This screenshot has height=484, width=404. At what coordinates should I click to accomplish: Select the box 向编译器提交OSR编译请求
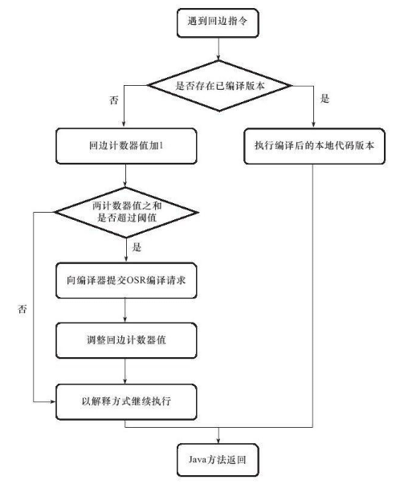tap(124, 280)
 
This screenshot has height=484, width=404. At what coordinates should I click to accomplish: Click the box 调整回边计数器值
tap(124, 340)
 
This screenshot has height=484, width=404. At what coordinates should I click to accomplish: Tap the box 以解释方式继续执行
tap(124, 400)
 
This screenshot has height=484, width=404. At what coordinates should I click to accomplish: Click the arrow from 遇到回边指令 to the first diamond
tap(217, 52)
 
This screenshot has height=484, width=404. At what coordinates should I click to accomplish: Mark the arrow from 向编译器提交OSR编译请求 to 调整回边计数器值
tap(124, 311)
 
